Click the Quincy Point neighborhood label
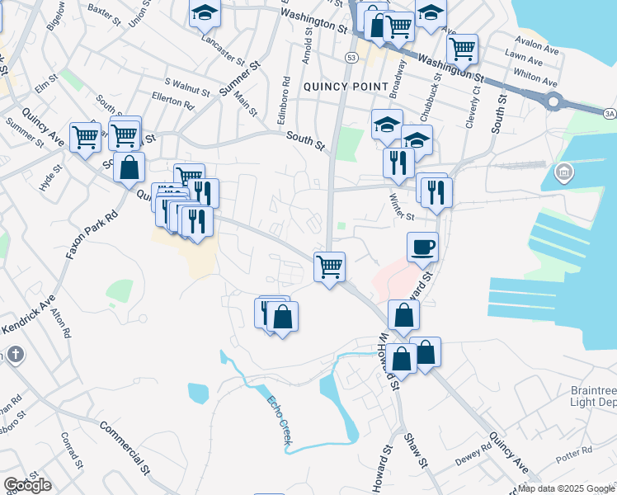coord(346,86)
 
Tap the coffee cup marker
coord(422,247)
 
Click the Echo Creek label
coord(279,422)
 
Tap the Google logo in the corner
coord(27,485)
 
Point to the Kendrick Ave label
coord(27,316)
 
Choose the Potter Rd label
coord(574,452)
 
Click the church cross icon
coord(14,355)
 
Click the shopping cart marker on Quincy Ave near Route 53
coord(329,266)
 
